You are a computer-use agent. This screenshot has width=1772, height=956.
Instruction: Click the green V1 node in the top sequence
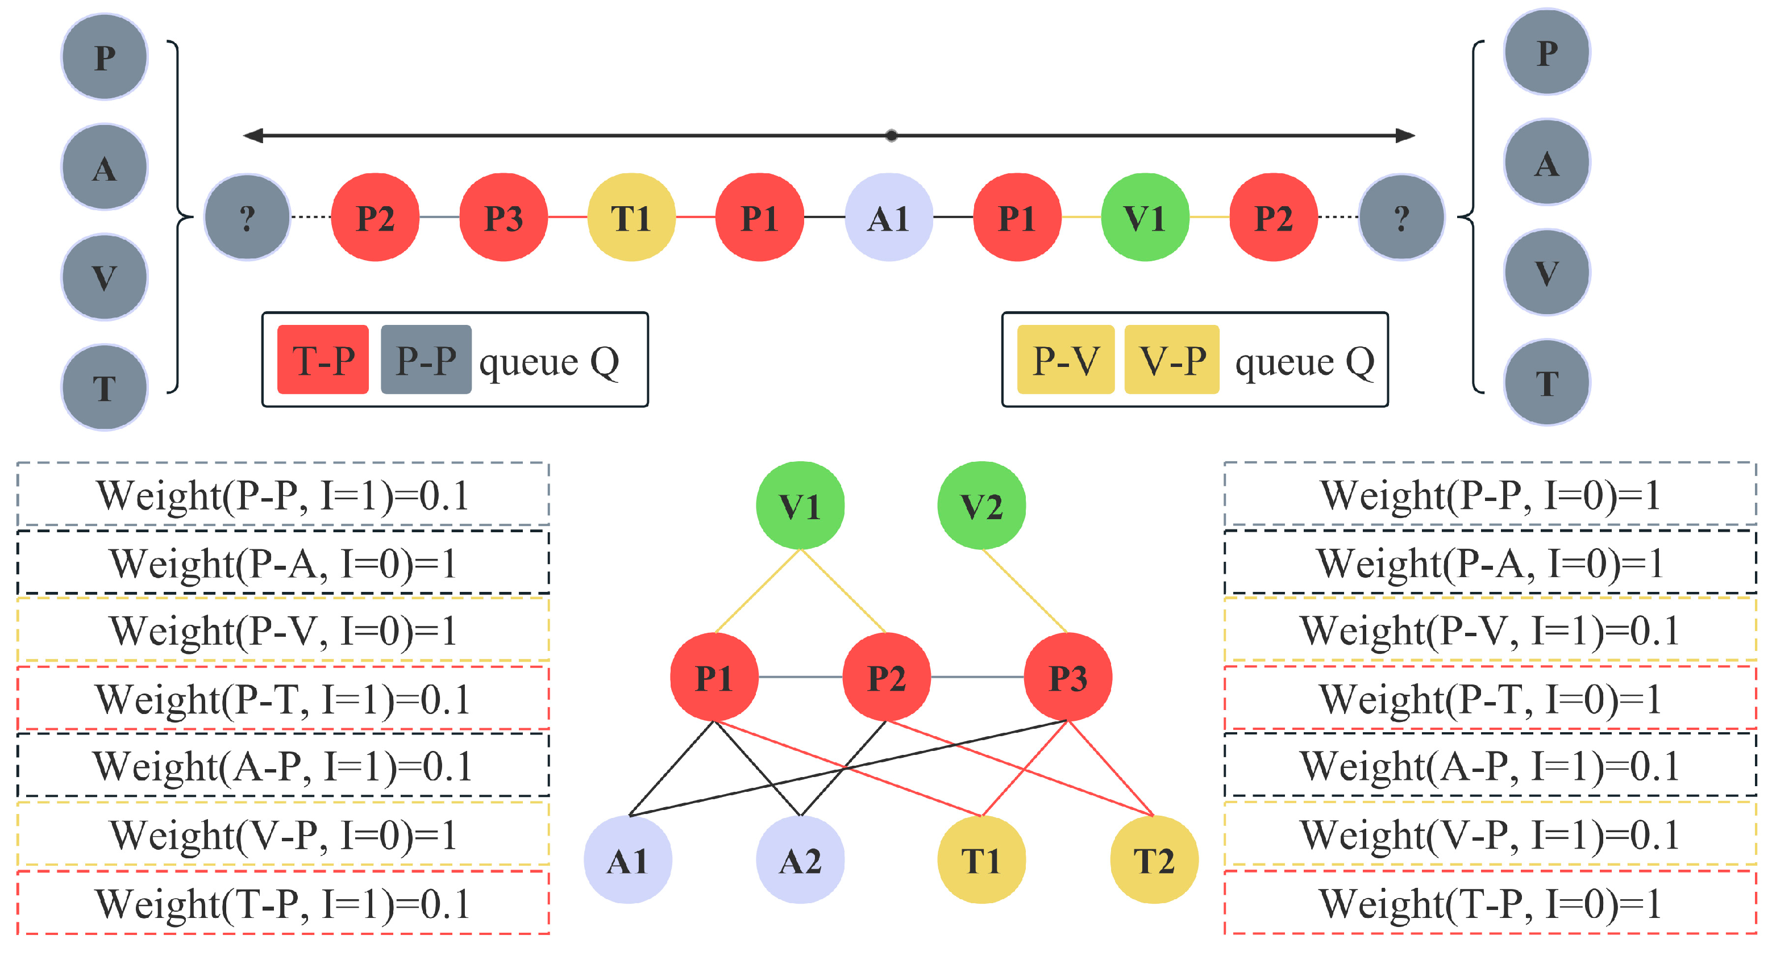1145,218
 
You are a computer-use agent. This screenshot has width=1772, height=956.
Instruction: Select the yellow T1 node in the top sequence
631,218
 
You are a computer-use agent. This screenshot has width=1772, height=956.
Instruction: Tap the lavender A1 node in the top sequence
888,218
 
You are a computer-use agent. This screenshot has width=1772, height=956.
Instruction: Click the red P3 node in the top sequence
503,218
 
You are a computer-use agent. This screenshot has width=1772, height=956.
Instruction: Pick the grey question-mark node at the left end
247,218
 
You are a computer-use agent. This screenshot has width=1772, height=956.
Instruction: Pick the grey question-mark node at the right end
1401,218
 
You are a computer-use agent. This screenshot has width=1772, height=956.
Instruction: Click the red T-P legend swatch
323,360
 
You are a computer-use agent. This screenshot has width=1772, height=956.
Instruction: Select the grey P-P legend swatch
426,360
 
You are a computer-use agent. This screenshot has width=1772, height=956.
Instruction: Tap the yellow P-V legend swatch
1065,360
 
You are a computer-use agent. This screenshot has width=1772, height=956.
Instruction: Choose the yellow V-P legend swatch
1171,360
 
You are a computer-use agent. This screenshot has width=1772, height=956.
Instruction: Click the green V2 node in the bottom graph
981,506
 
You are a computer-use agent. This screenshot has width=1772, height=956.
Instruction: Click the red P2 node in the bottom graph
887,678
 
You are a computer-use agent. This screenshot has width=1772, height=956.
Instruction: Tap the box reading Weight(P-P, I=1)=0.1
282,495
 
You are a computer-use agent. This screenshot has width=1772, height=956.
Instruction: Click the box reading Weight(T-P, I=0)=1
1490,903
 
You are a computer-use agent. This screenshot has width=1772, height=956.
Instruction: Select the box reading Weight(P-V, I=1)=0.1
1490,630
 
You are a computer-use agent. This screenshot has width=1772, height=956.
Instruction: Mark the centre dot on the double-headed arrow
891,136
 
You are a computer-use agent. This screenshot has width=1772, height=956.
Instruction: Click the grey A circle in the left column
105,167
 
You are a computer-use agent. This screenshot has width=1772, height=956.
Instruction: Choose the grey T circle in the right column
1546,382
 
